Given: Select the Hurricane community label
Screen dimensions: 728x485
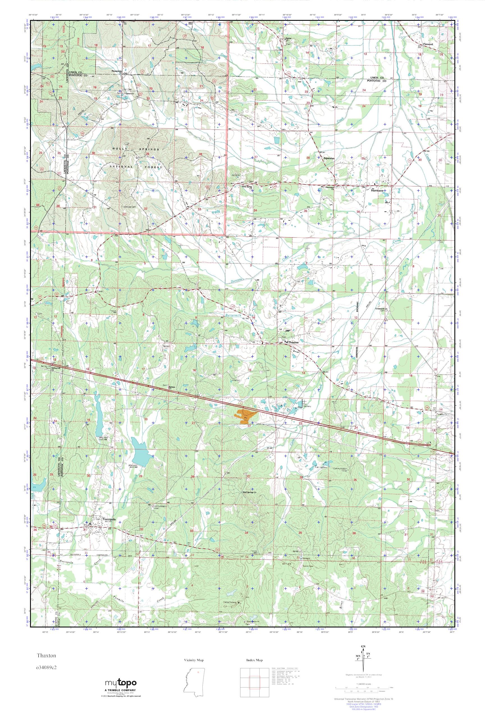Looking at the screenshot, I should (x=377, y=191).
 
